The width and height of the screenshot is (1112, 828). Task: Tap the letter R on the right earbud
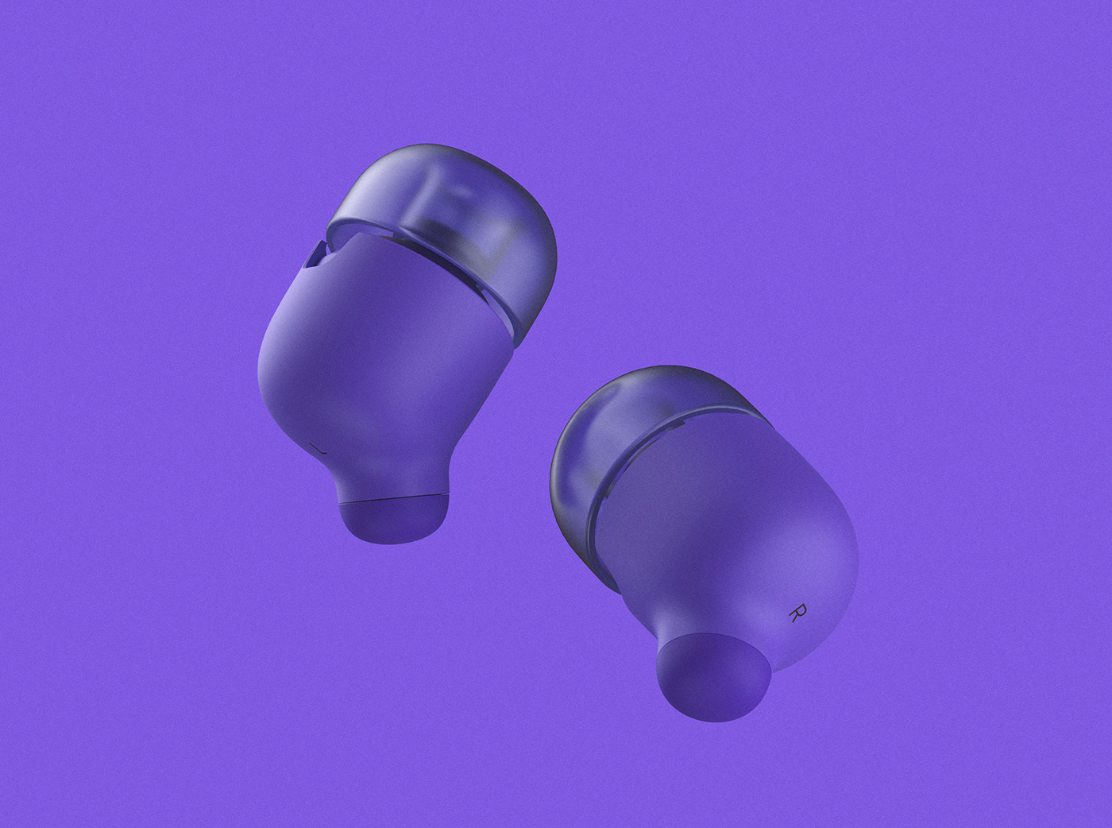(797, 612)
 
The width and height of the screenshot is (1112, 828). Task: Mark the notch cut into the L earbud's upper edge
(316, 253)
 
